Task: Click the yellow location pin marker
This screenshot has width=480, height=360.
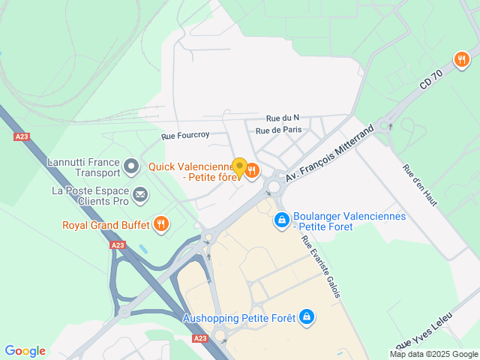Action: (239, 167)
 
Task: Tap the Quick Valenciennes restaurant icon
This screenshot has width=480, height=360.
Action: (252, 172)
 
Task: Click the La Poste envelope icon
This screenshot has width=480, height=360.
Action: (140, 196)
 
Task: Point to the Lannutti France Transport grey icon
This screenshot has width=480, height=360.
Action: (131, 165)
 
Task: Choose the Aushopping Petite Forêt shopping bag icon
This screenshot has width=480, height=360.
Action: (306, 317)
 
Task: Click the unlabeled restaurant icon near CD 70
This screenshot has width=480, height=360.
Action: (461, 58)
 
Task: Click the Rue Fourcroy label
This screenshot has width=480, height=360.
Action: (185, 136)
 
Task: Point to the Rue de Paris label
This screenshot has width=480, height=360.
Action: (278, 130)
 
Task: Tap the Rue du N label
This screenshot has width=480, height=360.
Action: (283, 118)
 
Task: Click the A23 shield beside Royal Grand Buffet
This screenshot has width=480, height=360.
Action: (117, 245)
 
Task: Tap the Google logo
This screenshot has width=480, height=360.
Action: (25, 351)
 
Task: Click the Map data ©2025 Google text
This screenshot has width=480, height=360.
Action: (433, 354)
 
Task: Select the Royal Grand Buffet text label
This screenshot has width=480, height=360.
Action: (105, 223)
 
